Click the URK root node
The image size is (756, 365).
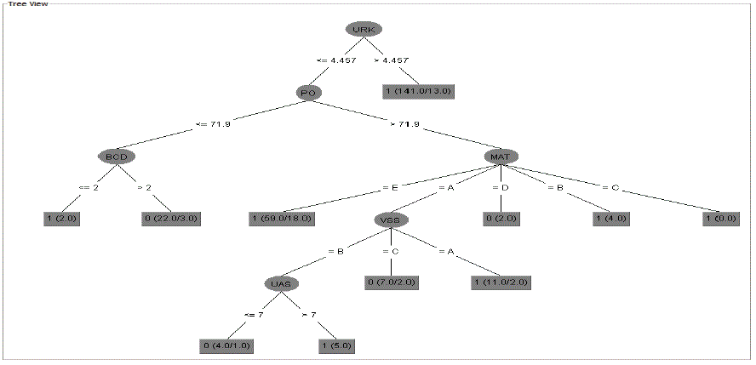pyautogui.click(x=364, y=29)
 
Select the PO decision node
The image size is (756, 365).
pyautogui.click(x=309, y=92)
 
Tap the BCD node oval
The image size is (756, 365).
pyautogui.click(x=117, y=156)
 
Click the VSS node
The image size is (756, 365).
pyautogui.click(x=391, y=219)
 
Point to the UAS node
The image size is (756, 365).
pyautogui.click(x=282, y=282)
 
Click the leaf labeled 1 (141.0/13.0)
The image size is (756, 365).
pyautogui.click(x=418, y=91)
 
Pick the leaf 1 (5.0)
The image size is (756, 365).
pyautogui.click(x=336, y=345)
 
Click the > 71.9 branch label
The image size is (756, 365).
pyautogui.click(x=405, y=124)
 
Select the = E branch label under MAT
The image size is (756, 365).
pyautogui.click(x=390, y=187)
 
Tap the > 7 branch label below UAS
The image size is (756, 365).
pyautogui.click(x=309, y=314)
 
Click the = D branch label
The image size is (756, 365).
pyautogui.click(x=500, y=187)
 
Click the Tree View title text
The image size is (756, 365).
pyautogui.click(x=28, y=4)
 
